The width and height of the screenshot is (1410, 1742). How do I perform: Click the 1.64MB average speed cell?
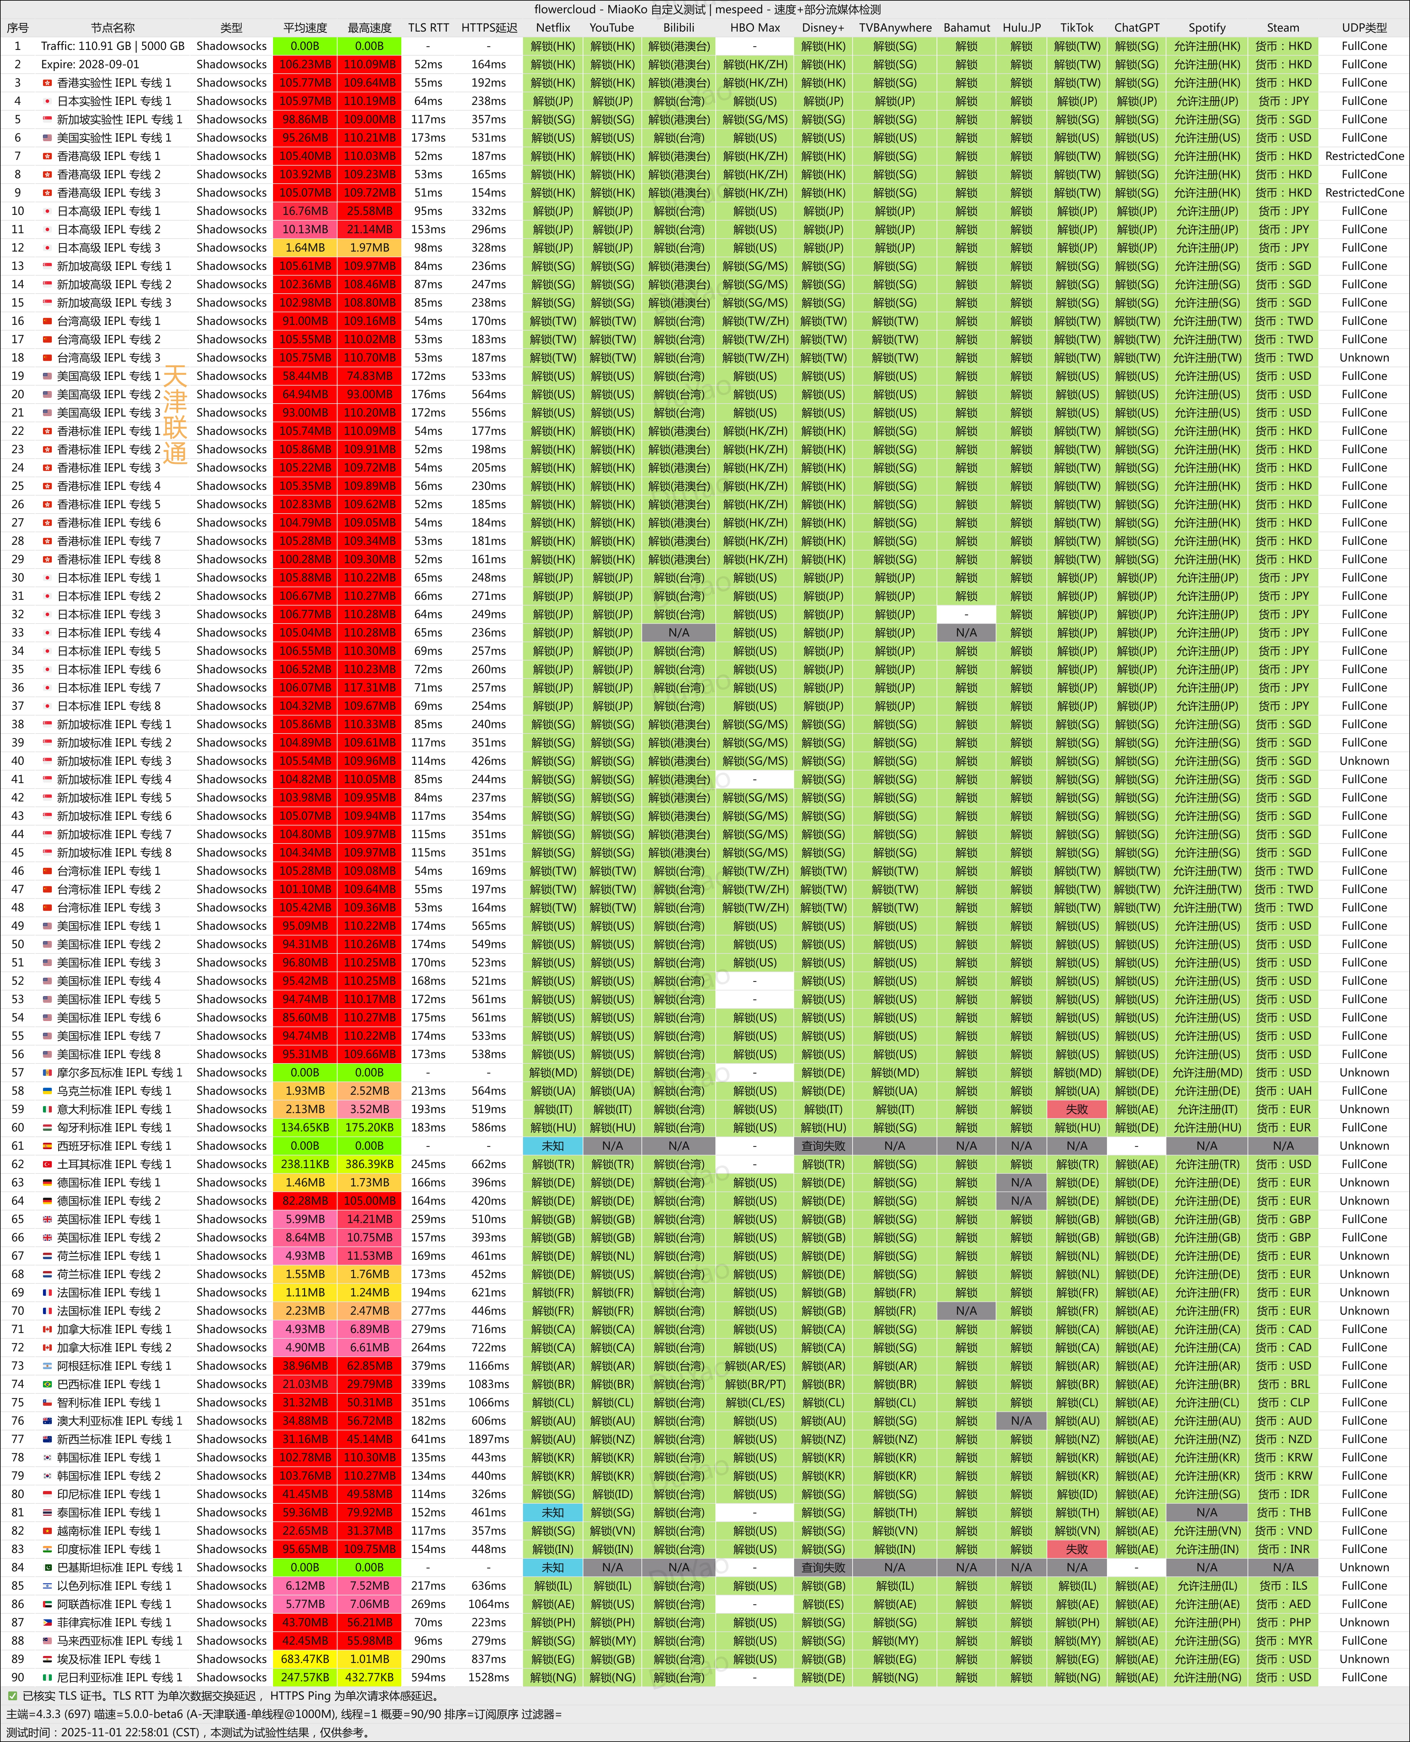coord(305,248)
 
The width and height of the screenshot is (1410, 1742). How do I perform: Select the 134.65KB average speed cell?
coord(305,1127)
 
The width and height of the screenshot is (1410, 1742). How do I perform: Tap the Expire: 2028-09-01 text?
coord(90,64)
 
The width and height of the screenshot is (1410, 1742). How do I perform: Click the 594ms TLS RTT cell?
coord(428,1677)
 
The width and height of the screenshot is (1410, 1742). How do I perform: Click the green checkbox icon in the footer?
coord(12,1696)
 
